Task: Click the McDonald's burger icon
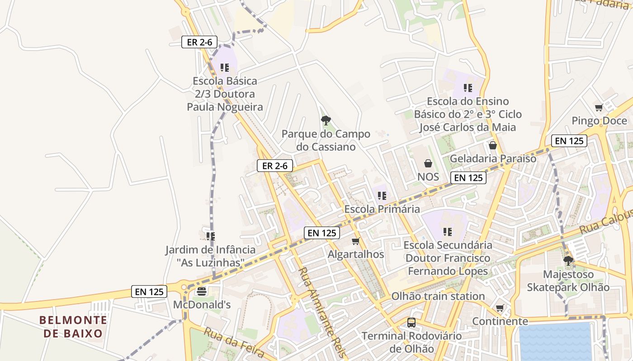click(202, 291)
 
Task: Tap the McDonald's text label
click(202, 305)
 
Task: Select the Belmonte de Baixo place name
click(73, 327)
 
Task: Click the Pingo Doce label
click(599, 121)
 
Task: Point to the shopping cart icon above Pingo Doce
click(599, 107)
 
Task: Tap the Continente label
click(500, 321)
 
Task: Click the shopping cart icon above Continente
click(500, 308)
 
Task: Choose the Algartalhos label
click(356, 254)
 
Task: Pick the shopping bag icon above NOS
click(428, 163)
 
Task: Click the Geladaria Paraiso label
click(493, 159)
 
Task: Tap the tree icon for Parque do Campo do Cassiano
click(325, 120)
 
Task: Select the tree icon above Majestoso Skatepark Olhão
click(568, 260)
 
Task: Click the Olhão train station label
click(438, 296)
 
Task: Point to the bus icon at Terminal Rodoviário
click(411, 323)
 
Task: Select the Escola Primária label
click(382, 209)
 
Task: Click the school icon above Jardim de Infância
click(210, 236)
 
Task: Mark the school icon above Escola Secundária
click(448, 232)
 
